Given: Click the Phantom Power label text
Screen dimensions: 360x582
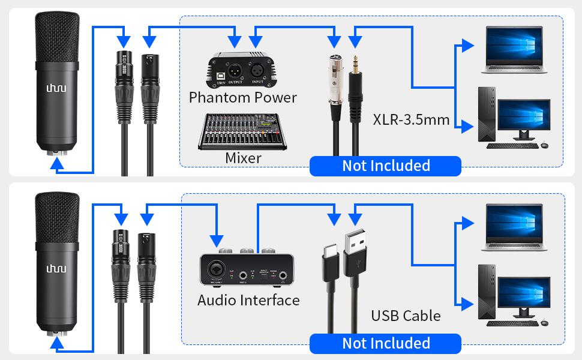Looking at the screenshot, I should pos(242,97).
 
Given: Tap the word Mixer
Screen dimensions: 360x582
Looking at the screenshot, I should pos(243,158).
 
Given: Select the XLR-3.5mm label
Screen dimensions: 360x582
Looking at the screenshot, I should pos(411,119).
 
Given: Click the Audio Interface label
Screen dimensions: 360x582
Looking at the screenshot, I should pos(248,300).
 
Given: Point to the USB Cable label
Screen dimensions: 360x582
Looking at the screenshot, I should pos(406,316).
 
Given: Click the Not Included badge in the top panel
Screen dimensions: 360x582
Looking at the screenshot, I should pos(385,166).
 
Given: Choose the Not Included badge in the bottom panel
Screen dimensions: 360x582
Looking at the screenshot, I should pos(385,343).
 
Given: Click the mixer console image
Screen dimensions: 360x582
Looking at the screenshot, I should pos(242,131).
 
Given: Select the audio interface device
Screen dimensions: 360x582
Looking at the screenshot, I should pos(248,269).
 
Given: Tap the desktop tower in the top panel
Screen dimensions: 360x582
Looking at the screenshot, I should pos(486,114).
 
